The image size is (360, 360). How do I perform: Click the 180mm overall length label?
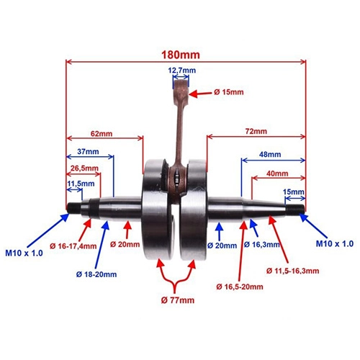[181, 55]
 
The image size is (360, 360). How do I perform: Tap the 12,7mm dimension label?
[181, 71]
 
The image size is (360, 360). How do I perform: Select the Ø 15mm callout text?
[229, 92]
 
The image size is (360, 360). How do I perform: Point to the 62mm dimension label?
[102, 133]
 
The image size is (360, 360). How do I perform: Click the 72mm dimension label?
[256, 131]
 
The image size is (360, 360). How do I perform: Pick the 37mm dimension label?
[88, 152]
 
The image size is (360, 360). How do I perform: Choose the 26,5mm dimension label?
[84, 168]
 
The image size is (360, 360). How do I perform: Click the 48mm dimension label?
[270, 154]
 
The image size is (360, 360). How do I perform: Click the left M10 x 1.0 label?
[24, 253]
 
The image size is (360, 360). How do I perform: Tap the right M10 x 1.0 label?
[335, 244]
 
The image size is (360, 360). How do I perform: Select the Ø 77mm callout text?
[178, 300]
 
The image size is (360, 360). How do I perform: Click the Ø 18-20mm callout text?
[96, 274]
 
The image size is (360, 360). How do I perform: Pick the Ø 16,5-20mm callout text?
[240, 287]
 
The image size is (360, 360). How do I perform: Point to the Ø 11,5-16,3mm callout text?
[292, 271]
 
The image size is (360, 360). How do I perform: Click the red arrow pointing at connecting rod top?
[200, 94]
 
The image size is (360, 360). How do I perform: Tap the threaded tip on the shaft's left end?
[74, 208]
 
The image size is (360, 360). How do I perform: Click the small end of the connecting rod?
[181, 88]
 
